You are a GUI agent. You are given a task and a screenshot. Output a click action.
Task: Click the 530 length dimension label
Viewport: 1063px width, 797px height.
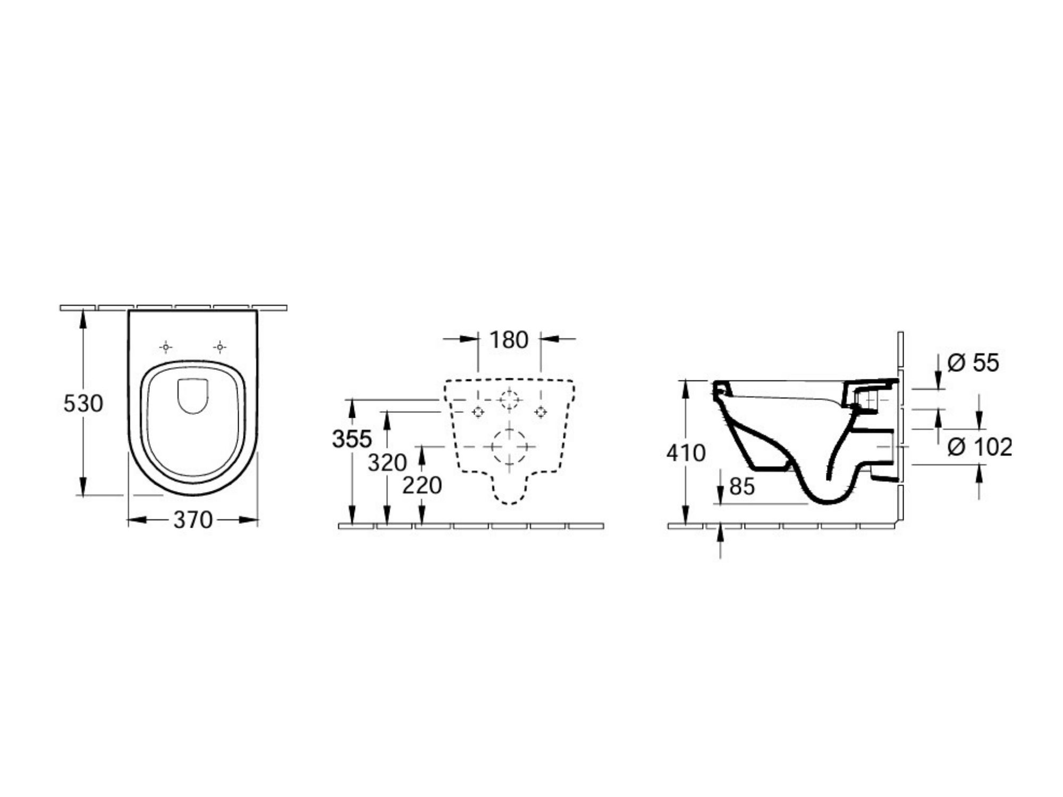tap(83, 404)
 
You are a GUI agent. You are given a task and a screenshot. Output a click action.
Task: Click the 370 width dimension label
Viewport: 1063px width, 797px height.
tap(193, 520)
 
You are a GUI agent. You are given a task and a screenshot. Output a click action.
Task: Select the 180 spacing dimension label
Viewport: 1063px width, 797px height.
tap(509, 340)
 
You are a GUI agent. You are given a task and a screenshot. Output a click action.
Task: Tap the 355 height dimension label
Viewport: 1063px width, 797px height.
tap(352, 439)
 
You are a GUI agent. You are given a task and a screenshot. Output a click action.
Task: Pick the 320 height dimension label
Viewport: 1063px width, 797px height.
tap(387, 463)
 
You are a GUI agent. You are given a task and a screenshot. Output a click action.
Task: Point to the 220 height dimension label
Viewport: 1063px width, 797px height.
tap(422, 485)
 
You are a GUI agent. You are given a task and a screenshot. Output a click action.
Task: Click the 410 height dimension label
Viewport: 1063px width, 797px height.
tap(686, 453)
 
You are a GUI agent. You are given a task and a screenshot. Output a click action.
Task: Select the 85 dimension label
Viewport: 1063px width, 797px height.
tap(742, 486)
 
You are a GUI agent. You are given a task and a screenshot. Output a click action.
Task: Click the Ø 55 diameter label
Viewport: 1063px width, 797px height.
tap(973, 363)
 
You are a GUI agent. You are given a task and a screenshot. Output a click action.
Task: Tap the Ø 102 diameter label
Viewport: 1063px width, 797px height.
tap(980, 447)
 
